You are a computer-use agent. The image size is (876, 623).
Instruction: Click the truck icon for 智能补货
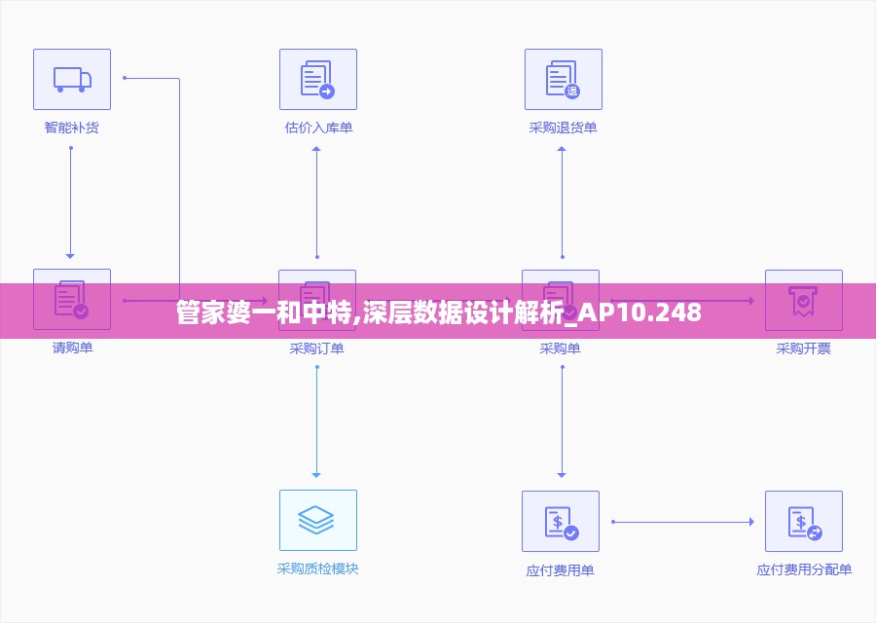72,79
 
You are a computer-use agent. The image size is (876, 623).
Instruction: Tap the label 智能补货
71,128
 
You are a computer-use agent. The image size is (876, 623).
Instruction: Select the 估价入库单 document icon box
317,79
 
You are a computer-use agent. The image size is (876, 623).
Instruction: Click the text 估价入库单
318,128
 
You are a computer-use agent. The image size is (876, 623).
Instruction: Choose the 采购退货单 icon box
563,79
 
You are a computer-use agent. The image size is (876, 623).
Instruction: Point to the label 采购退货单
563,128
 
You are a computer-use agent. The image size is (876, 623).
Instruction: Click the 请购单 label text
72,348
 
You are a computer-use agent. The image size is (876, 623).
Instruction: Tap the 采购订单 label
316,348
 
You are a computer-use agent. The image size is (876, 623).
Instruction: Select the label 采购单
560,348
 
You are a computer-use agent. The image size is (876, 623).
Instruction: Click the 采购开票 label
803,348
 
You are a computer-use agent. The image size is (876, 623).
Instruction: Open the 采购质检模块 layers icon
317,520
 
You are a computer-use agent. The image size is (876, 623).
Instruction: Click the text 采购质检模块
317,568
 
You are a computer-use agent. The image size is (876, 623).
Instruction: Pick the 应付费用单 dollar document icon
560,521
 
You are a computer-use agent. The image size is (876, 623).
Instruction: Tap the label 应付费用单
560,570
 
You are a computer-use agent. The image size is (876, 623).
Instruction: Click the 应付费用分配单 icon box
803,521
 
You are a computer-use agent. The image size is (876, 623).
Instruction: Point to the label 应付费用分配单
804,570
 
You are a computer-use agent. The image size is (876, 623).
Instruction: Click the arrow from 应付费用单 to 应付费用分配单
682,522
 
